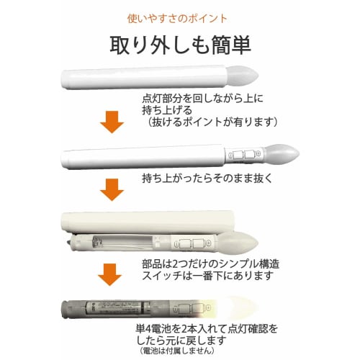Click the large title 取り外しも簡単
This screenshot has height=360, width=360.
point(180,45)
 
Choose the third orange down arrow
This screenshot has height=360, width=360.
point(112,276)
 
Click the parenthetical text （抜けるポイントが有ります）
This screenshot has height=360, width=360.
point(210,122)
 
